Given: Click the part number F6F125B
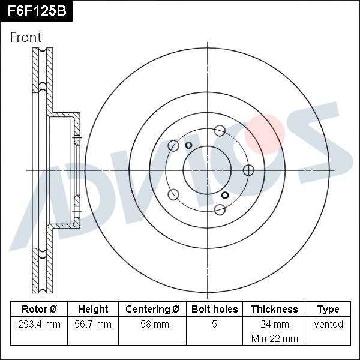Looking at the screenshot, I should pos(36,11).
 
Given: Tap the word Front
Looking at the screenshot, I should pos(26,37).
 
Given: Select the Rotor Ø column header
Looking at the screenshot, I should pos(39,310).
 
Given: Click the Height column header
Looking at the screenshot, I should pos(93,310).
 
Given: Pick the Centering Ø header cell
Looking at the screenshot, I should pos(152,310).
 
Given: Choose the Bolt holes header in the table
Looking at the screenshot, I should pos(214,310).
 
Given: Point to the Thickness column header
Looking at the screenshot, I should pos(274,310).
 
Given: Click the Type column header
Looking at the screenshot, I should pos(328,310).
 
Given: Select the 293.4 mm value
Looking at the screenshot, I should pos(39,325).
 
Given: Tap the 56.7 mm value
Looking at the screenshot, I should pos(93,325).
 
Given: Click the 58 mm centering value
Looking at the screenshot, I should pos(152,325).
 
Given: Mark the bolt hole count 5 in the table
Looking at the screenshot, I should pos(214,325).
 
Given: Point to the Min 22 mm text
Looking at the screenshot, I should pos(274,338).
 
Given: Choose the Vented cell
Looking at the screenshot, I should pos(328,325).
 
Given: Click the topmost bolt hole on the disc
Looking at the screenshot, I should pos(220,130).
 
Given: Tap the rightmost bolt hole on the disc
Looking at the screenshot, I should pos(248,170).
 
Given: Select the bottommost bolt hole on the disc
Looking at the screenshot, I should pos(220,209).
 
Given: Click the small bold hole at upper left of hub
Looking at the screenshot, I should pos(188,145).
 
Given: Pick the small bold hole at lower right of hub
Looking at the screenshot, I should pos(225,195).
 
